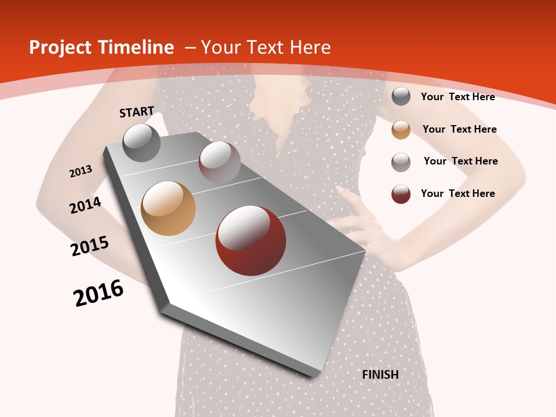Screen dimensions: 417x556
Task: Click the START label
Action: pyautogui.click(x=137, y=112)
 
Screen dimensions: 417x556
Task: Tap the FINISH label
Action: pyautogui.click(x=380, y=375)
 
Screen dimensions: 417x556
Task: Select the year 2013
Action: pyautogui.click(x=81, y=171)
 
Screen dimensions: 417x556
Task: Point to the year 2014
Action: pyautogui.click(x=85, y=205)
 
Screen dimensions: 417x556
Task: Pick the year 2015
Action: pyautogui.click(x=90, y=246)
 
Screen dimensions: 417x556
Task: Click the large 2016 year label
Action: pyautogui.click(x=98, y=293)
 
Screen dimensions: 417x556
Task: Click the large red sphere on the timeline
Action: pyautogui.click(x=251, y=240)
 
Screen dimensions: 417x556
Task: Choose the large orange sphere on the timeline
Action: pyautogui.click(x=168, y=209)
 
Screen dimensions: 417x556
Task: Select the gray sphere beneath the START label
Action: pyautogui.click(x=142, y=142)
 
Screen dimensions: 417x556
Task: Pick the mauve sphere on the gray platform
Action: pyautogui.click(x=220, y=162)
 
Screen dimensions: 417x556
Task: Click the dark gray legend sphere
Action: pyautogui.click(x=401, y=97)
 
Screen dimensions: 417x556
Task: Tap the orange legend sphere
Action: pyautogui.click(x=401, y=130)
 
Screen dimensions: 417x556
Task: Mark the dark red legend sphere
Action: pyautogui.click(x=401, y=194)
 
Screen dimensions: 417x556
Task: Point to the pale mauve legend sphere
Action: pyautogui.click(x=401, y=162)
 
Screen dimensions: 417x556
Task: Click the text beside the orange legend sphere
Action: pyautogui.click(x=459, y=129)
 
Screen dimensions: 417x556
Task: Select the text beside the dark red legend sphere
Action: pyautogui.click(x=458, y=193)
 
